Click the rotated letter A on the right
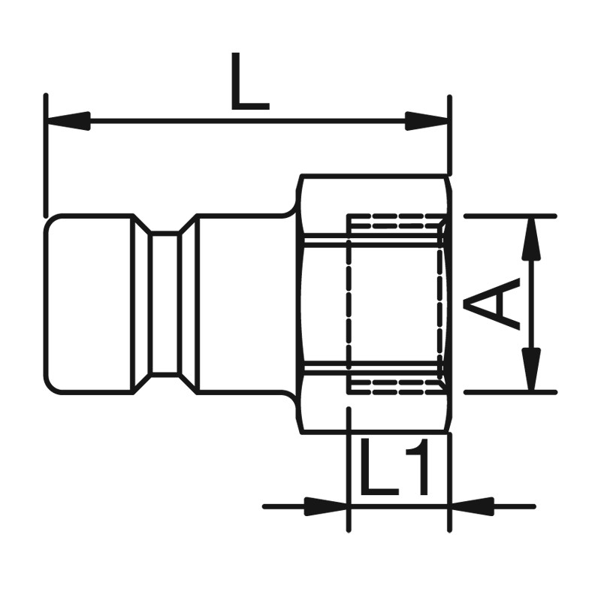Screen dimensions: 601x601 (x=492, y=304)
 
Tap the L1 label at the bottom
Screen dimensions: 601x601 (x=394, y=466)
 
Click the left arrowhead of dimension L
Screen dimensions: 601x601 (x=68, y=121)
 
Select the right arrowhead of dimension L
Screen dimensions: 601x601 (x=427, y=121)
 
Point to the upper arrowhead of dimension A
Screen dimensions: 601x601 (x=531, y=238)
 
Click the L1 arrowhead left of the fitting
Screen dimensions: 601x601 (x=326, y=506)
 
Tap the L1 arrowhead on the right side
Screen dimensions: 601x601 (x=472, y=506)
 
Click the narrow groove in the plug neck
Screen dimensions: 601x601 (x=165, y=304)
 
